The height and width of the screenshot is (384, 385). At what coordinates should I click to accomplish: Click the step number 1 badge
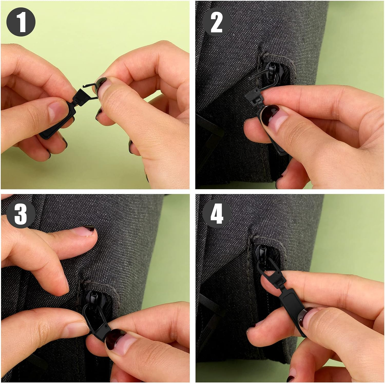21,22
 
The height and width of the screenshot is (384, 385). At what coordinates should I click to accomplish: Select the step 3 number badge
21,213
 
